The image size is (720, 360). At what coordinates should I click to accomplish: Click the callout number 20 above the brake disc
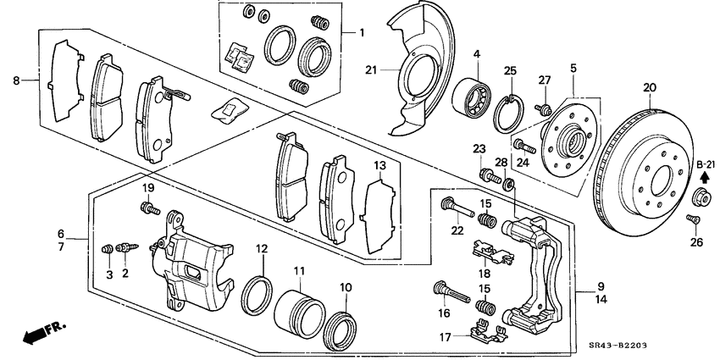[x=650, y=87]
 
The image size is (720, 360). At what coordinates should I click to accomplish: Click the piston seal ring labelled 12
[x=258, y=292]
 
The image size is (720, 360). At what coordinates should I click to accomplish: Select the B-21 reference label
[x=706, y=163]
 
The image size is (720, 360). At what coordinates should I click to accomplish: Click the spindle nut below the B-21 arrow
[x=702, y=198]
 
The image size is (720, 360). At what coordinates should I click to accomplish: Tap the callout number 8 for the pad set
[x=16, y=81]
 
